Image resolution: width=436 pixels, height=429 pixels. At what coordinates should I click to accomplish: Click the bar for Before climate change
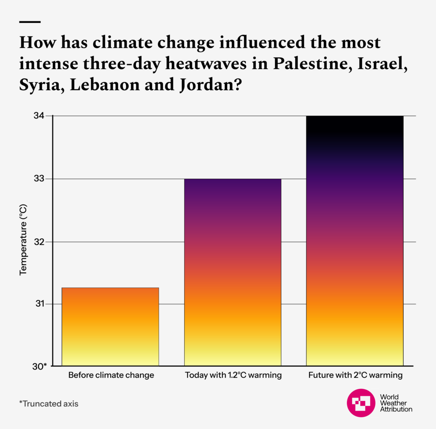(x=110, y=327)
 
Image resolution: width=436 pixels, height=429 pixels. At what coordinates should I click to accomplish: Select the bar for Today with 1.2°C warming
(x=232, y=272)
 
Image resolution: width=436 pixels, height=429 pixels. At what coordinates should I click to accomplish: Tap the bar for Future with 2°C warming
(x=355, y=241)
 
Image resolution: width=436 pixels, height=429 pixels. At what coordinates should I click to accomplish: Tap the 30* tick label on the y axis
(x=41, y=366)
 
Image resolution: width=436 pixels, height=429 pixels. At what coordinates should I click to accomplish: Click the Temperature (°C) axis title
(x=23, y=240)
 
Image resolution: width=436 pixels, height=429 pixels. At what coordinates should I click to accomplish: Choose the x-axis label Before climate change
(x=111, y=375)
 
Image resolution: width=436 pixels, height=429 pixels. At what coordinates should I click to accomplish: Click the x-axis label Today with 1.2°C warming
(x=233, y=375)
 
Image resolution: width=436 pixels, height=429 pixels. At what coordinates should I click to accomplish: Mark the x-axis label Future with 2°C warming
(x=355, y=375)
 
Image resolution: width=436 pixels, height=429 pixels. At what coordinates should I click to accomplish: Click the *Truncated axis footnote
(x=49, y=404)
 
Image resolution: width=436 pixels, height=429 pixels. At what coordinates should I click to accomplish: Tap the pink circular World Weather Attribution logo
(x=360, y=403)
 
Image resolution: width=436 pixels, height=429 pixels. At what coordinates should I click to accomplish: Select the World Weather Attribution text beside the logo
(x=395, y=403)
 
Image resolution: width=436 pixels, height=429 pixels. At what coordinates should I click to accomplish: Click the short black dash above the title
(x=30, y=22)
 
